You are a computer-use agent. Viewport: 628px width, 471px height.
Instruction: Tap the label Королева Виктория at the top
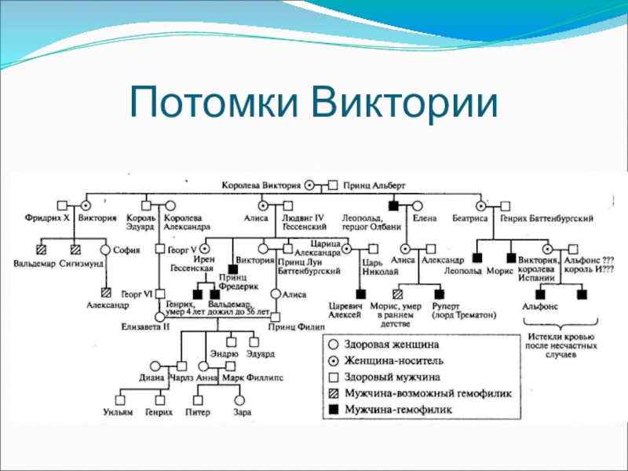click(261, 185)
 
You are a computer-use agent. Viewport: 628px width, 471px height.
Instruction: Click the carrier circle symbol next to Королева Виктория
click(309, 185)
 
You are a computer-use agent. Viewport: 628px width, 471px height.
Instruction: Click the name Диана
click(151, 377)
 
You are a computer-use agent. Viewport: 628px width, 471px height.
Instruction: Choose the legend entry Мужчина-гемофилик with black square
click(399, 409)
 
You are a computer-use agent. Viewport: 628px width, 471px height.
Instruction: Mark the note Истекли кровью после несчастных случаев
click(559, 346)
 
